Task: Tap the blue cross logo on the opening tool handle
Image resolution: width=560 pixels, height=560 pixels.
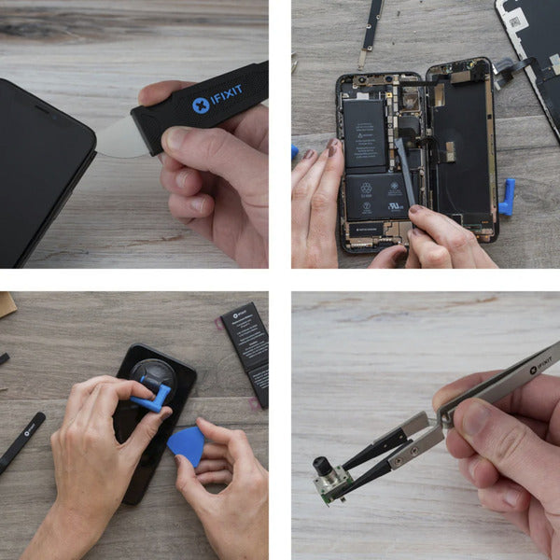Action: [x=200, y=105]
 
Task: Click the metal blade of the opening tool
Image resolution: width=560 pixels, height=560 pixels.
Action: [x=121, y=138]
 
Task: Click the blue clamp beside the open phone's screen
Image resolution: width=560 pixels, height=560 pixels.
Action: [x=507, y=198]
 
